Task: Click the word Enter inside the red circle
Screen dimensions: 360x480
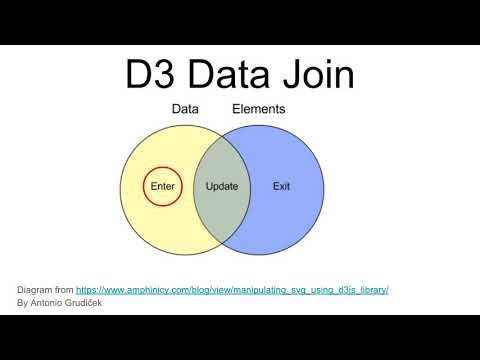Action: click(161, 187)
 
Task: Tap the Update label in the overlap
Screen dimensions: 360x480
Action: click(221, 187)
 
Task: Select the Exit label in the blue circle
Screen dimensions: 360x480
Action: click(281, 187)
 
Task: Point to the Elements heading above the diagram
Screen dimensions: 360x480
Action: click(259, 110)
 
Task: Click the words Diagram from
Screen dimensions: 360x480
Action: click(46, 289)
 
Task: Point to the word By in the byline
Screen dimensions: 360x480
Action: click(23, 302)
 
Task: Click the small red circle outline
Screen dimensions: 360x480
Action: click(161, 165)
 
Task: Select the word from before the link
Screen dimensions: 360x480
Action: click(65, 289)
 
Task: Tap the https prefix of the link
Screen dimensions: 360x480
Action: click(87, 289)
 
